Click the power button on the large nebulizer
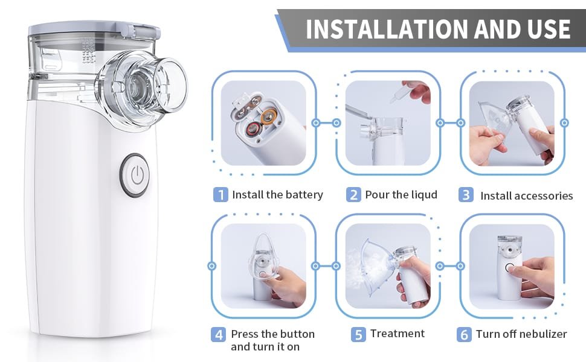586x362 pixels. pyautogui.click(x=135, y=175)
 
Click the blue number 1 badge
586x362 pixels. pyautogui.click(x=221, y=195)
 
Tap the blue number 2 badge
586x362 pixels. pyautogui.click(x=353, y=195)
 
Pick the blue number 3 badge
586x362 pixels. pyautogui.click(x=466, y=195)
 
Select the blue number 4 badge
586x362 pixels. pyautogui.click(x=218, y=334)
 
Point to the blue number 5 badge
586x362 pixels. pyautogui.click(x=358, y=334)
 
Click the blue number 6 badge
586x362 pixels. pyautogui.click(x=464, y=334)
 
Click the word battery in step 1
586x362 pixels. pyautogui.click(x=304, y=195)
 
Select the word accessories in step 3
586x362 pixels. pyautogui.click(x=546, y=196)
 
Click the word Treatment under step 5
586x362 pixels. pyautogui.click(x=398, y=333)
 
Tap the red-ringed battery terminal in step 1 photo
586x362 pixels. pyautogui.click(x=254, y=130)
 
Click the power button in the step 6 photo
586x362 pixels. pyautogui.click(x=510, y=268)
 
